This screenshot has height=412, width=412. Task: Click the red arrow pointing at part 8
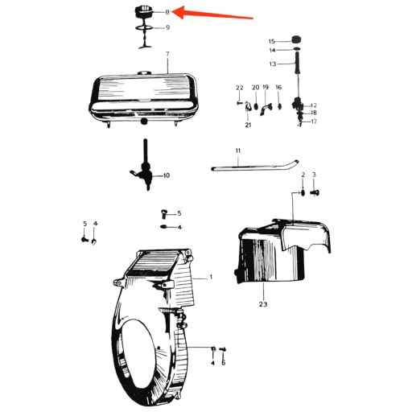click(212, 14)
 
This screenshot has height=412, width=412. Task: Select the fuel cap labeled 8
click(144, 11)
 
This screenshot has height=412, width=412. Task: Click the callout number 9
click(167, 27)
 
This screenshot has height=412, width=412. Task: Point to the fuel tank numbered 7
click(144, 99)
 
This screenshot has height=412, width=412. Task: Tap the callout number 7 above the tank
click(167, 54)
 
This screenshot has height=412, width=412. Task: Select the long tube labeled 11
click(255, 166)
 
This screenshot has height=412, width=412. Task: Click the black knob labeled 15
click(296, 39)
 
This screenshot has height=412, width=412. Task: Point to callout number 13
click(273, 64)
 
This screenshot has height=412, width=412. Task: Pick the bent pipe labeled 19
click(266, 109)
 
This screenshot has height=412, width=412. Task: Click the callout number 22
click(240, 88)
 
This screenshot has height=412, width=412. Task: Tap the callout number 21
click(248, 125)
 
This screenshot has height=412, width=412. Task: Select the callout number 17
click(314, 122)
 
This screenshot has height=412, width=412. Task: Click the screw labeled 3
click(315, 192)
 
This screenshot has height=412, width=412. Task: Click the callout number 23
click(263, 304)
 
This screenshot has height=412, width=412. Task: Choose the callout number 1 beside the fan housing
click(211, 277)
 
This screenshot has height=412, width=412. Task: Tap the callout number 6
click(224, 363)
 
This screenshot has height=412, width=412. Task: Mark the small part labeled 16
click(279, 106)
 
